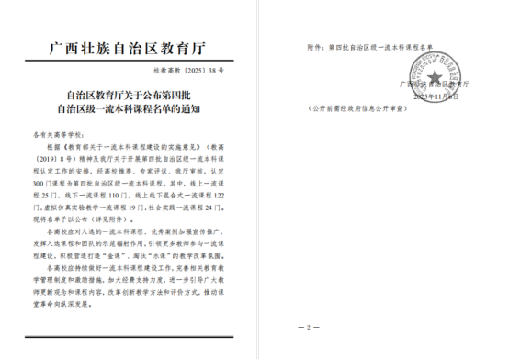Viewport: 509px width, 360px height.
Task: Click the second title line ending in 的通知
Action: point(134,108)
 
